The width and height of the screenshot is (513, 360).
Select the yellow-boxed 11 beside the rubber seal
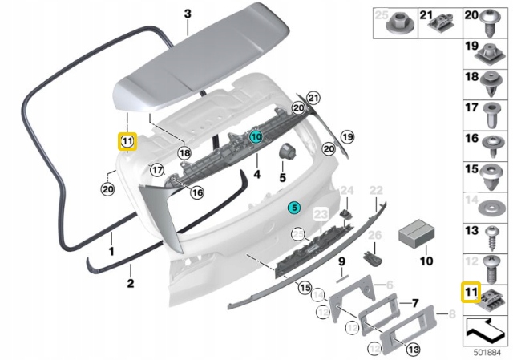pos(127,142)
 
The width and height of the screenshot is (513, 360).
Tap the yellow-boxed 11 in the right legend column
pos(471,292)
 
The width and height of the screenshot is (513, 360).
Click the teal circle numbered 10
pos(256,137)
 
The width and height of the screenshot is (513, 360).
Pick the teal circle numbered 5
pos(294,207)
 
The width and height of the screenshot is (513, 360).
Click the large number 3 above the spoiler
pos(188,14)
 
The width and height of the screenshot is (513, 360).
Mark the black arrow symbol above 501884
pos(486,328)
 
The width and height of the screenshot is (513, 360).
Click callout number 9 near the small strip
pos(340,262)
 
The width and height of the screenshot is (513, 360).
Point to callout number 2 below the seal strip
pos(130,282)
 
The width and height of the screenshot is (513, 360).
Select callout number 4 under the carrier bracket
pos(256,173)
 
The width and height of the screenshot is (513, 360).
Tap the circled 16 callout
pos(196,192)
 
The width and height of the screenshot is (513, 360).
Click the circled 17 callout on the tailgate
pos(157,169)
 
